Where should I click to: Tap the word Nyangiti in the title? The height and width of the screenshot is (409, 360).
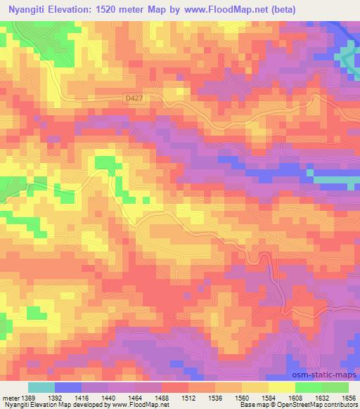pyautogui.click(x=29, y=9)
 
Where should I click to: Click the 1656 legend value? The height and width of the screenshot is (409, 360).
pyautogui.click(x=349, y=398)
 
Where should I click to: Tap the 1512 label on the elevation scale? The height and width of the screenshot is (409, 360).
pyautogui.click(x=189, y=398)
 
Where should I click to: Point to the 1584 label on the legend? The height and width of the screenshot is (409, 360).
pyautogui.click(x=269, y=398)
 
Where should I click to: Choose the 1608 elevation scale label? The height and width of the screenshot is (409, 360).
pyautogui.click(x=296, y=398)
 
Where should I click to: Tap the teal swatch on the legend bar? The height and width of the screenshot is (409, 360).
pyautogui.click(x=41, y=387)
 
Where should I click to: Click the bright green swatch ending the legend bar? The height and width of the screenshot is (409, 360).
pyautogui.click(x=335, y=387)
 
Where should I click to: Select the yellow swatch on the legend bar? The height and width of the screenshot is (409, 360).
pyautogui.click(x=282, y=387)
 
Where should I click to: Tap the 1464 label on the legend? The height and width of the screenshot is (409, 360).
pyautogui.click(x=136, y=398)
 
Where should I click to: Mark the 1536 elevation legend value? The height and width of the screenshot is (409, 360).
pyautogui.click(x=216, y=398)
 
